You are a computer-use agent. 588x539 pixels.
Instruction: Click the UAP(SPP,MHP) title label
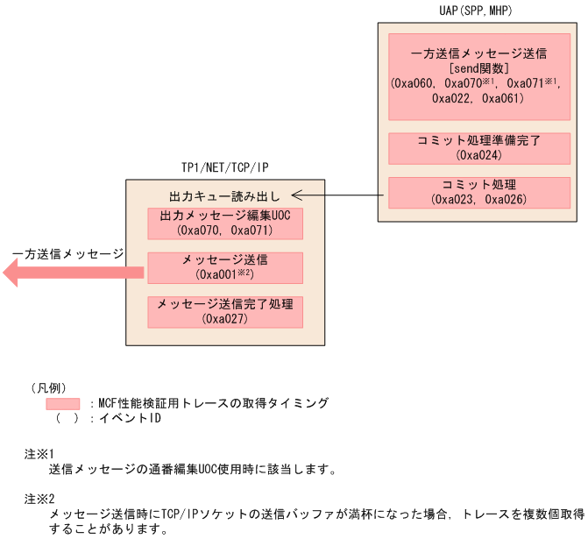pyautogui.click(x=474, y=11)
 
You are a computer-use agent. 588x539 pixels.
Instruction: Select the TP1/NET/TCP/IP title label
pyautogui.click(x=225, y=167)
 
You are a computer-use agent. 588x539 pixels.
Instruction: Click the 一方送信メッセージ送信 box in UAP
pyautogui.click(x=478, y=76)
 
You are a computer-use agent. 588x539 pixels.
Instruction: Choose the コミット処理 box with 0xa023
pyautogui.click(x=478, y=192)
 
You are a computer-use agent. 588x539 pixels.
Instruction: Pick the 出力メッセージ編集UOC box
pyautogui.click(x=226, y=223)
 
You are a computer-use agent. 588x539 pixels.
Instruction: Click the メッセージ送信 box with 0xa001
pyautogui.click(x=226, y=267)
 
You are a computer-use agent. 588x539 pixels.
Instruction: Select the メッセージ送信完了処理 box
pyautogui.click(x=226, y=311)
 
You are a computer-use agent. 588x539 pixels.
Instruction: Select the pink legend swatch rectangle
pyautogui.click(x=67, y=403)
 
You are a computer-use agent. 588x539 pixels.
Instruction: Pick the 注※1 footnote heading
pyautogui.click(x=40, y=453)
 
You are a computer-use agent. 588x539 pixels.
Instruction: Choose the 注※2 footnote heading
pyautogui.click(x=40, y=498)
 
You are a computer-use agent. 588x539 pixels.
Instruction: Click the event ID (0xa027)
pyautogui.click(x=226, y=319)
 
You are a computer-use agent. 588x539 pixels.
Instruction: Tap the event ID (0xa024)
pyautogui.click(x=478, y=155)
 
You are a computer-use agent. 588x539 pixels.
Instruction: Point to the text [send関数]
pyautogui.click(x=478, y=68)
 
